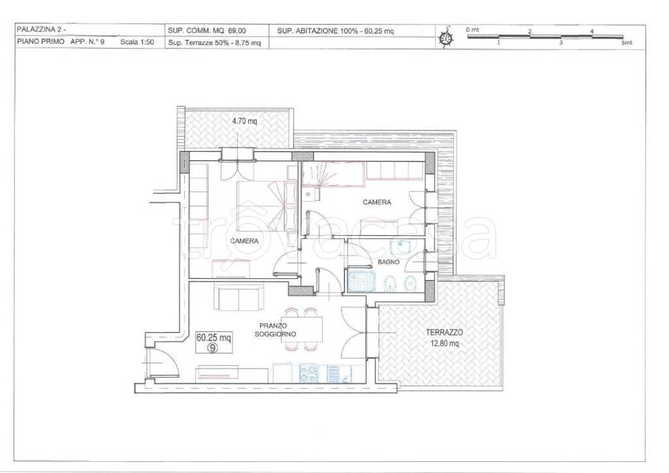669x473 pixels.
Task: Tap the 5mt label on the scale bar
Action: [627, 42]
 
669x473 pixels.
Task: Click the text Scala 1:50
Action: [137, 42]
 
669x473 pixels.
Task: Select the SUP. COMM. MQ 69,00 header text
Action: [207, 31]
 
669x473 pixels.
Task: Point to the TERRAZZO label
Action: [444, 333]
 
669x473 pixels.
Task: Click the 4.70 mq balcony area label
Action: [244, 121]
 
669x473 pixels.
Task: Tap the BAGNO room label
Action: [389, 262]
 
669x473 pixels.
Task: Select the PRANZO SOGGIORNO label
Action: [275, 330]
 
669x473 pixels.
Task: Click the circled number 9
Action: [214, 348]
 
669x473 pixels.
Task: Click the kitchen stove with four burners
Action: [310, 374]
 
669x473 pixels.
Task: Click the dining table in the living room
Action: [304, 329]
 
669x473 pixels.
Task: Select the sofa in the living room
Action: [238, 299]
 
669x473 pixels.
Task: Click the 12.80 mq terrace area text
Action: [444, 343]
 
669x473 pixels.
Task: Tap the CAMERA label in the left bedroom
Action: [244, 241]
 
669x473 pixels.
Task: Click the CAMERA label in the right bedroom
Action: [377, 202]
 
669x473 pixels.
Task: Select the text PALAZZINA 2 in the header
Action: [41, 30]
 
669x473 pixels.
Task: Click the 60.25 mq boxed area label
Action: [214, 338]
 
